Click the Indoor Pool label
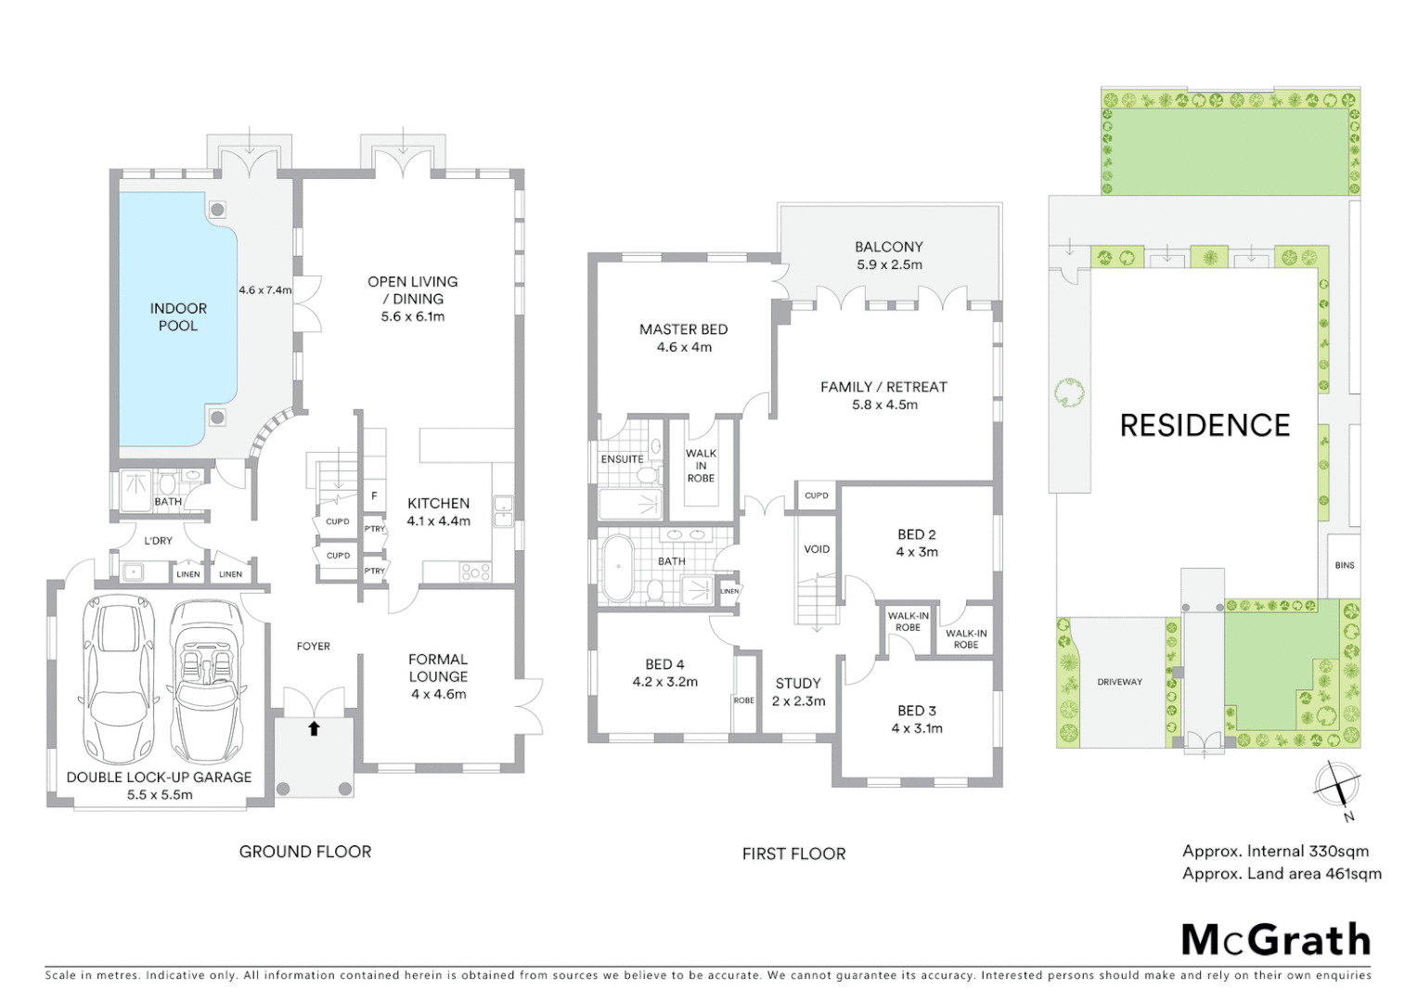click(x=178, y=316)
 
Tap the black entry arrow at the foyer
click(x=314, y=728)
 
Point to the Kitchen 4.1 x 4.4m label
click(x=438, y=512)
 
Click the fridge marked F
click(x=374, y=496)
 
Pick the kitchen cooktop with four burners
click(x=474, y=572)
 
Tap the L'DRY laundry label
click(x=158, y=541)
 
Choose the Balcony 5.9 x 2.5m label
click(x=888, y=255)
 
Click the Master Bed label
click(x=683, y=338)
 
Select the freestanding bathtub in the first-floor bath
click(x=616, y=569)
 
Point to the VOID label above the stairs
click(x=817, y=549)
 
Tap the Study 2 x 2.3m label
click(x=798, y=692)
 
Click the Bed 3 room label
click(x=916, y=719)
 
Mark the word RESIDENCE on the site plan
click(x=1205, y=425)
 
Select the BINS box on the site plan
click(x=1344, y=565)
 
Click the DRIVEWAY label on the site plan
click(x=1119, y=682)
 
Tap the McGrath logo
click(x=1275, y=940)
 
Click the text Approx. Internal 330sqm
click(x=1275, y=851)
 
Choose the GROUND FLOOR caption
click(x=305, y=852)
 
